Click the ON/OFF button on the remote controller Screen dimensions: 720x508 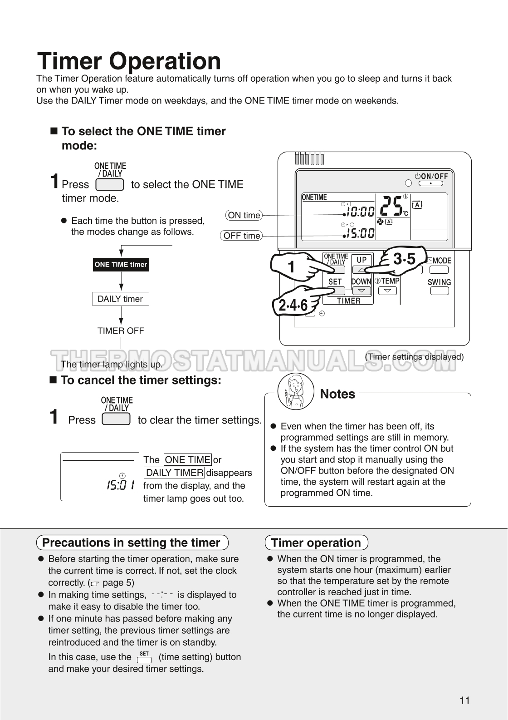[x=430, y=184]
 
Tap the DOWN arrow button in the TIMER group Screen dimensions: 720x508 [x=361, y=291]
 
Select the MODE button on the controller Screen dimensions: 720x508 [x=439, y=269]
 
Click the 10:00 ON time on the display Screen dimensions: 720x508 [x=359, y=212]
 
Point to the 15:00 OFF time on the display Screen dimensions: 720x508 [x=359, y=233]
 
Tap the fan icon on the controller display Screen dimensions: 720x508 [x=380, y=222]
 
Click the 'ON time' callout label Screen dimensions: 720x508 [x=244, y=215]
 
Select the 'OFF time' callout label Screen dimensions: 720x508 [x=242, y=236]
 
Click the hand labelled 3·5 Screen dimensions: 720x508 [x=401, y=261]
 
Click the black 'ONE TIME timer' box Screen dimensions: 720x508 [x=121, y=265]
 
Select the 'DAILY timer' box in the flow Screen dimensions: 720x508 [x=120, y=299]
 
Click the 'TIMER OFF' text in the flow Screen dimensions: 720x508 [x=121, y=331]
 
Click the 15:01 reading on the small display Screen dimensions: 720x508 [x=120, y=485]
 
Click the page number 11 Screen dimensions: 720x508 [x=464, y=700]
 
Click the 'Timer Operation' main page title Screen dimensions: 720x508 [x=129, y=61]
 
